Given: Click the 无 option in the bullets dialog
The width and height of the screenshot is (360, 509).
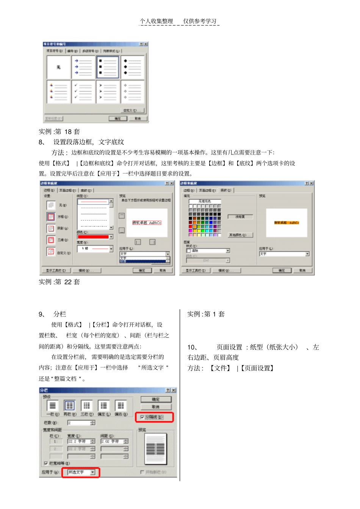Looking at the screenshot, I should click(58, 67).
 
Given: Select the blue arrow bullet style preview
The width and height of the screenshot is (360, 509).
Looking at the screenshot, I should click(83, 67).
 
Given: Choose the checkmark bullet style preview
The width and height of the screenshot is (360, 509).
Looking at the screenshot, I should click(83, 91).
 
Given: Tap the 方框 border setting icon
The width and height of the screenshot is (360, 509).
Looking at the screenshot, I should click(51, 217).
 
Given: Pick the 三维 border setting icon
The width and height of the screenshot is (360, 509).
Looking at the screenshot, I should click(51, 240).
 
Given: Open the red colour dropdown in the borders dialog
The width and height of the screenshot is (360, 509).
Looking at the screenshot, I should click(111, 237).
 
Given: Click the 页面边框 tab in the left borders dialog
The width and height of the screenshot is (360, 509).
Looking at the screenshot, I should click(67, 190).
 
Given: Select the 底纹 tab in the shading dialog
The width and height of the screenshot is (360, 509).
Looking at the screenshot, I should click(226, 190).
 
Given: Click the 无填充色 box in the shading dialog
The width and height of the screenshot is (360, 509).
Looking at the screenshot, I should click(205, 201).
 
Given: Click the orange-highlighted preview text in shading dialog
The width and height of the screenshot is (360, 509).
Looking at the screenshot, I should click(286, 223).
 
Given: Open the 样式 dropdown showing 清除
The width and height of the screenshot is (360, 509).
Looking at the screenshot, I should click(228, 251).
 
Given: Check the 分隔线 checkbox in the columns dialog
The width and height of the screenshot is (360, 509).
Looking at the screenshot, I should click(142, 417).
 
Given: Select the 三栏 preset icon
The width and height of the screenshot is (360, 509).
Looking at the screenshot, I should click(86, 406).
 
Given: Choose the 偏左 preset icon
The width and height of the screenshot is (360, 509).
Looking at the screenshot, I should click(103, 406).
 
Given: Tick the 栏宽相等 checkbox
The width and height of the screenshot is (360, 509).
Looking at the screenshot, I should click(46, 463).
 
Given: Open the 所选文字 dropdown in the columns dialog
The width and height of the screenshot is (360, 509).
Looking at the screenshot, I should click(93, 472).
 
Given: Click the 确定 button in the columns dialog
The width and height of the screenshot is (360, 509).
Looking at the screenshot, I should click(156, 399).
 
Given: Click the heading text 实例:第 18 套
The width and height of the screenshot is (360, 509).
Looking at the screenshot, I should click(59, 132).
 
